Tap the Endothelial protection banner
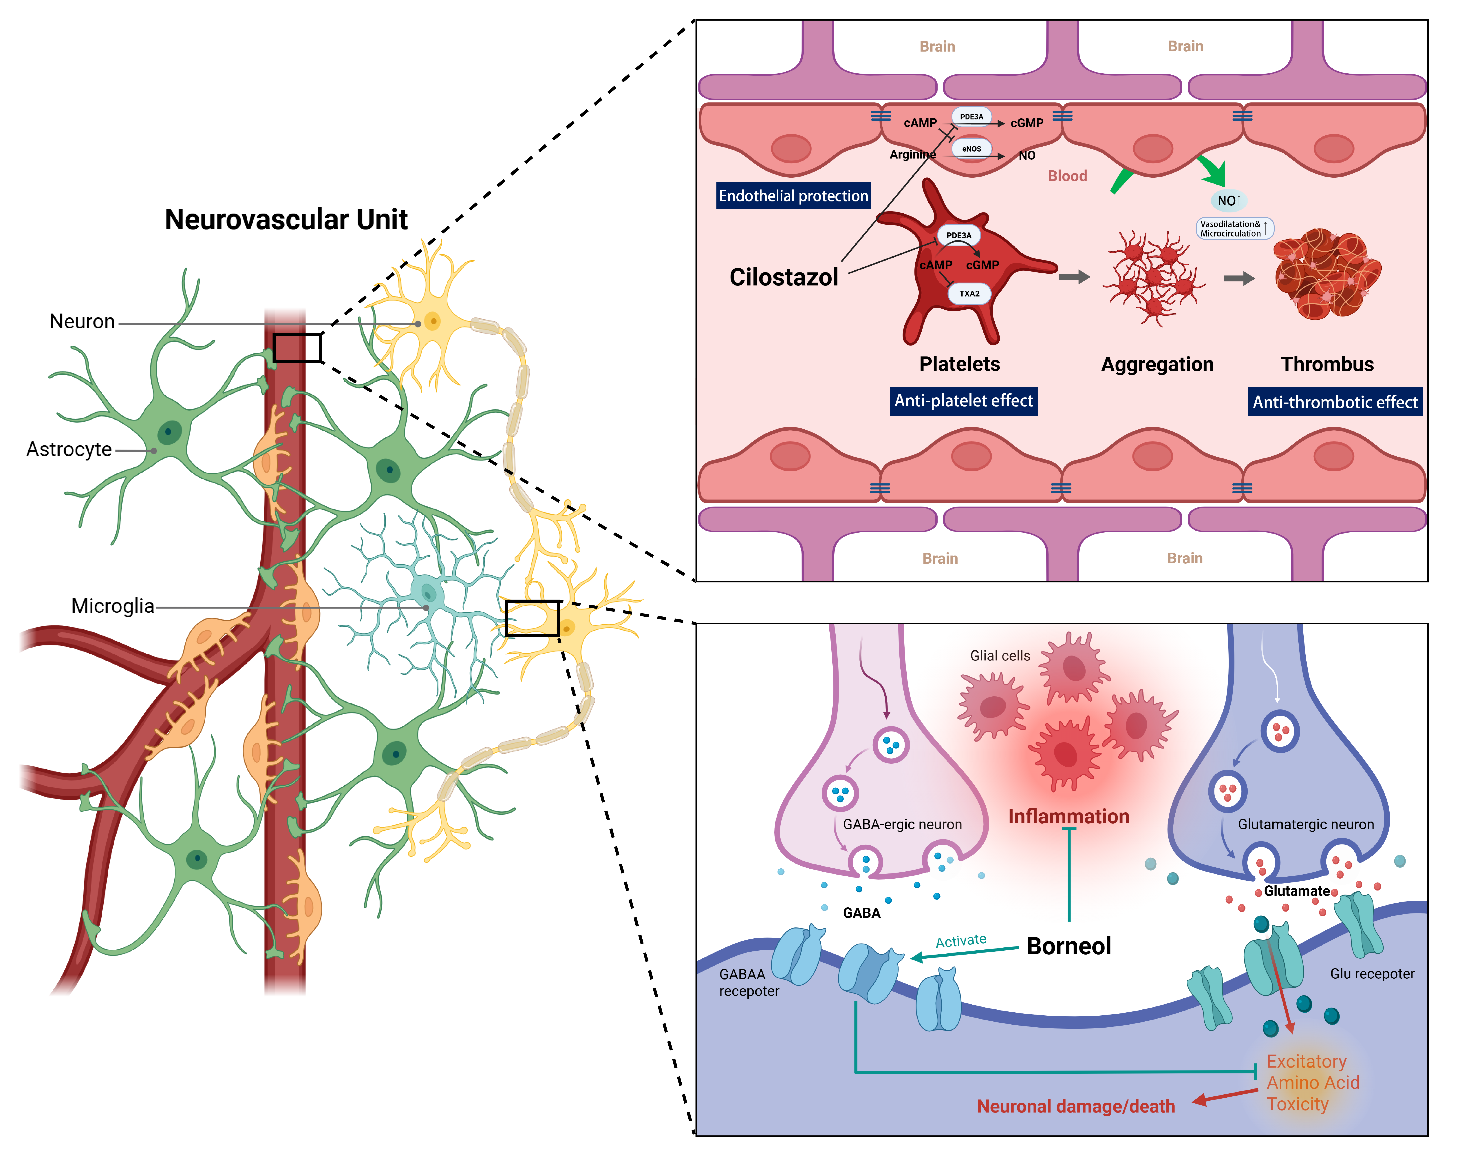coord(793,196)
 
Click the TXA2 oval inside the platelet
coord(969,294)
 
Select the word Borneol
coord(1068,946)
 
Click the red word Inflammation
coord(1068,816)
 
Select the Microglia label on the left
coord(112,606)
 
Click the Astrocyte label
coord(68,449)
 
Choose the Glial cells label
coord(999,655)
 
